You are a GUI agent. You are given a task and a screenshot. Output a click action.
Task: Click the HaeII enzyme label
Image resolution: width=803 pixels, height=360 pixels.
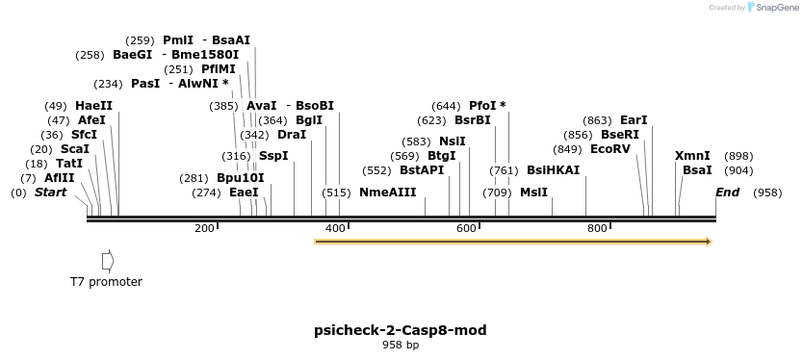tap(93, 106)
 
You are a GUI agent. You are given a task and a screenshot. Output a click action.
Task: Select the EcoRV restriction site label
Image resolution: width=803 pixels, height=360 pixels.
tap(609, 149)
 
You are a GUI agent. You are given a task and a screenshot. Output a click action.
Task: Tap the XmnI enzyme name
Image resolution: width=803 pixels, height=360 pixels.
tap(692, 156)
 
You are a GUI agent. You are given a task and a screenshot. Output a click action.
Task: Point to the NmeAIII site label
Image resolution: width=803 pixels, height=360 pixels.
tap(387, 193)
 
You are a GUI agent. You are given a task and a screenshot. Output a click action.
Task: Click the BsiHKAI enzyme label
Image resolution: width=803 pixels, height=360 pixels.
tap(553, 170)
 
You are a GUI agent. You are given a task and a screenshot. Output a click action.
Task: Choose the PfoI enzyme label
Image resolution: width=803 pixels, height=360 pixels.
tap(481, 106)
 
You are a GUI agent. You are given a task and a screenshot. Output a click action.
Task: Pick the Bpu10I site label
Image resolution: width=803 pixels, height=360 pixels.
tap(240, 178)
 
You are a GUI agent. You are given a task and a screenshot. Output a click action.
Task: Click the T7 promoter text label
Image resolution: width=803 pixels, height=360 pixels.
tap(106, 282)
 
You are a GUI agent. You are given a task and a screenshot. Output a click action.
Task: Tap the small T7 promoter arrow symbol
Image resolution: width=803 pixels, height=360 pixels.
tap(108, 260)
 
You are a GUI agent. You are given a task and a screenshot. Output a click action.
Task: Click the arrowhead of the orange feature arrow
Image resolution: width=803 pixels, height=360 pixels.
tap(708, 242)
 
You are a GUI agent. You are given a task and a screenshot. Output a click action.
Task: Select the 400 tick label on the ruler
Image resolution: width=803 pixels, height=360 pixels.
tap(335, 228)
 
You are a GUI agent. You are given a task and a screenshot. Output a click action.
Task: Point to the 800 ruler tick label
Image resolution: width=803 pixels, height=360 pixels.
tap(596, 228)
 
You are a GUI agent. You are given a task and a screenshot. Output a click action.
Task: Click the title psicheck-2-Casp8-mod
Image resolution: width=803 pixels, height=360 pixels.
tap(400, 330)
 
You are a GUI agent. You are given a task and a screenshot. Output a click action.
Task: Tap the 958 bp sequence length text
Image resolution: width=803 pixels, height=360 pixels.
tap(401, 345)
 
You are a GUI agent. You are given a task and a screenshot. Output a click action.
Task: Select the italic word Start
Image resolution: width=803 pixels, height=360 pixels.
tap(51, 193)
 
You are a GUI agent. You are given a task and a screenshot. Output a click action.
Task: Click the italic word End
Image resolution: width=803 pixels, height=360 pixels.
tap(727, 193)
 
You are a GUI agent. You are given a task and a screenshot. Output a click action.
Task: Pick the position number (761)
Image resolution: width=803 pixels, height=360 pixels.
tap(504, 170)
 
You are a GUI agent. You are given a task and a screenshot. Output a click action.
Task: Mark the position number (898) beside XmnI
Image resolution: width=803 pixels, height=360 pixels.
tap(738, 156)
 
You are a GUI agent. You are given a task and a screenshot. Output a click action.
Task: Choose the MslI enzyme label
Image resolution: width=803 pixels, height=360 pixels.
tap(533, 193)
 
